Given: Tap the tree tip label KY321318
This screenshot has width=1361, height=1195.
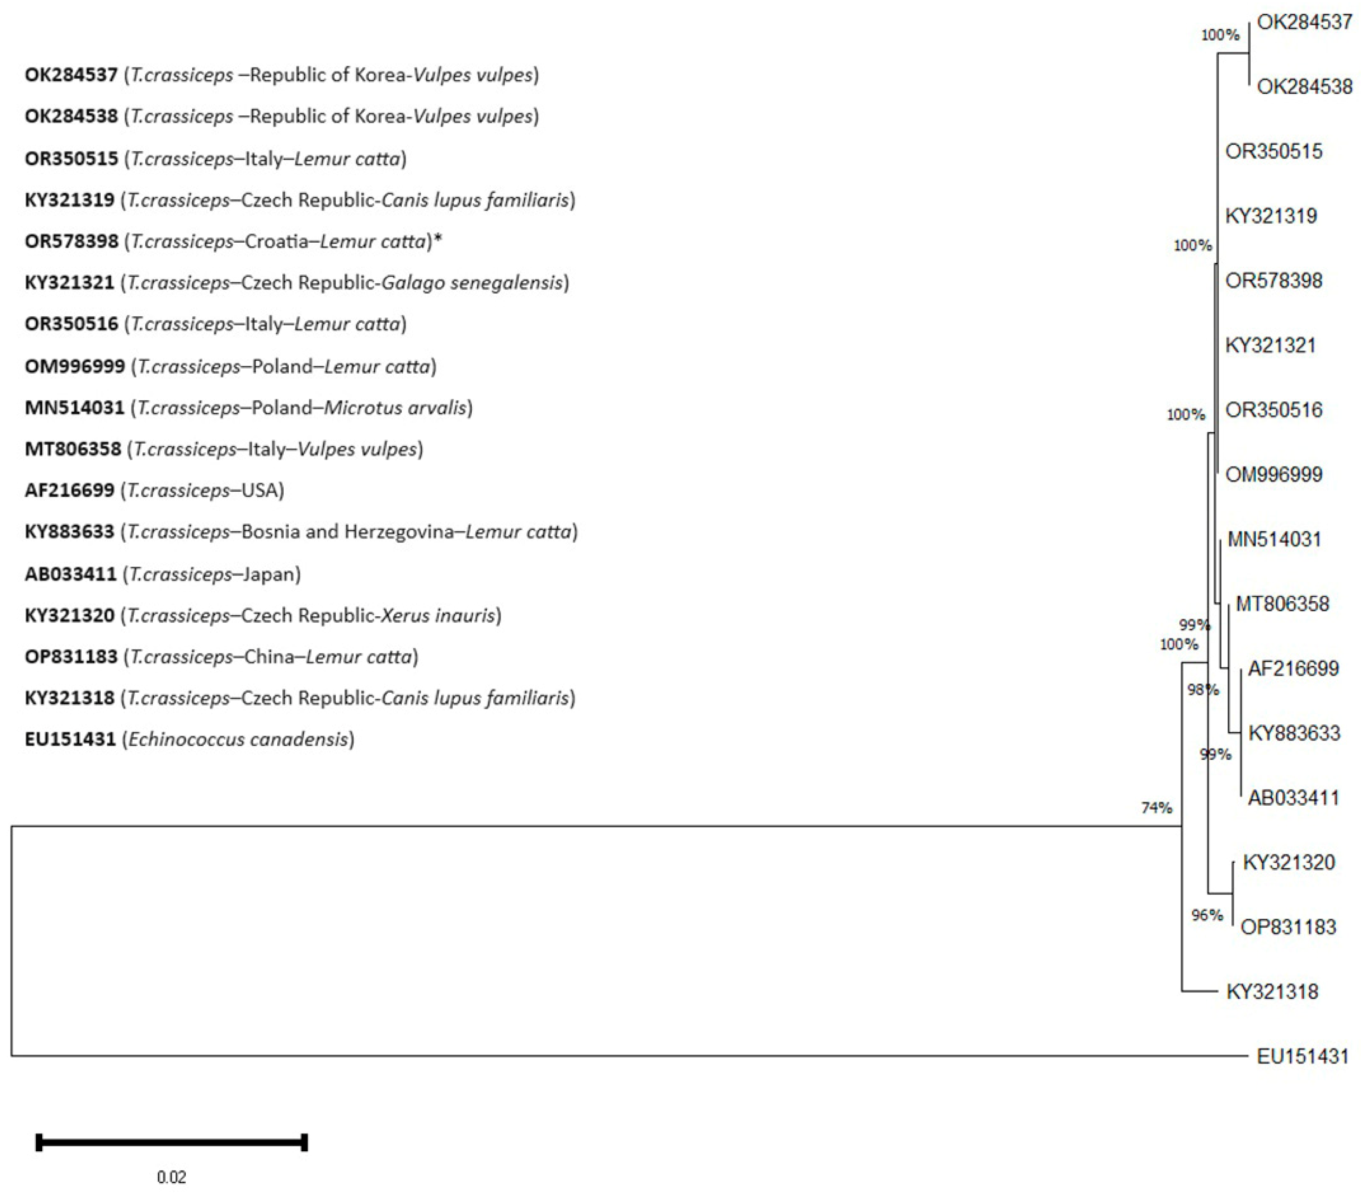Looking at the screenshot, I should pyautogui.click(x=1272, y=991).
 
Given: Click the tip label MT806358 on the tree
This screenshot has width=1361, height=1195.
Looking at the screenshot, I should pyautogui.click(x=1282, y=604).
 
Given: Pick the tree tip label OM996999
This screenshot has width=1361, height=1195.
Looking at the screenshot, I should pyautogui.click(x=1273, y=475).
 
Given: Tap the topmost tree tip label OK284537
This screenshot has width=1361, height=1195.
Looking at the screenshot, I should pyautogui.click(x=1304, y=23).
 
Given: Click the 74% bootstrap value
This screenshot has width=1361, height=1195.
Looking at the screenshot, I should pyautogui.click(x=1156, y=808).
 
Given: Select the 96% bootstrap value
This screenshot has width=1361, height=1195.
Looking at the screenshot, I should pyautogui.click(x=1207, y=916).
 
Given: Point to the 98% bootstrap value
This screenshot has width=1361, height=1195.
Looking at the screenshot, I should pyautogui.click(x=1202, y=690).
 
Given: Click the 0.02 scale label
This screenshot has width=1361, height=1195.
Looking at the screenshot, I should pyautogui.click(x=171, y=1177).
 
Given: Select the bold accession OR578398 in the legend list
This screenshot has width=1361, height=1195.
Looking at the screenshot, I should pyautogui.click(x=71, y=241).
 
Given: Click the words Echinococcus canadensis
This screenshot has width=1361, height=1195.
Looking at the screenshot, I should pyautogui.click(x=238, y=740).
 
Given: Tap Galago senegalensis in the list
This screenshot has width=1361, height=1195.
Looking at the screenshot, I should pyautogui.click(x=471, y=283).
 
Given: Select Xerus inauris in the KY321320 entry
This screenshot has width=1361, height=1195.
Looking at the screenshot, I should pyautogui.click(x=438, y=615).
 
